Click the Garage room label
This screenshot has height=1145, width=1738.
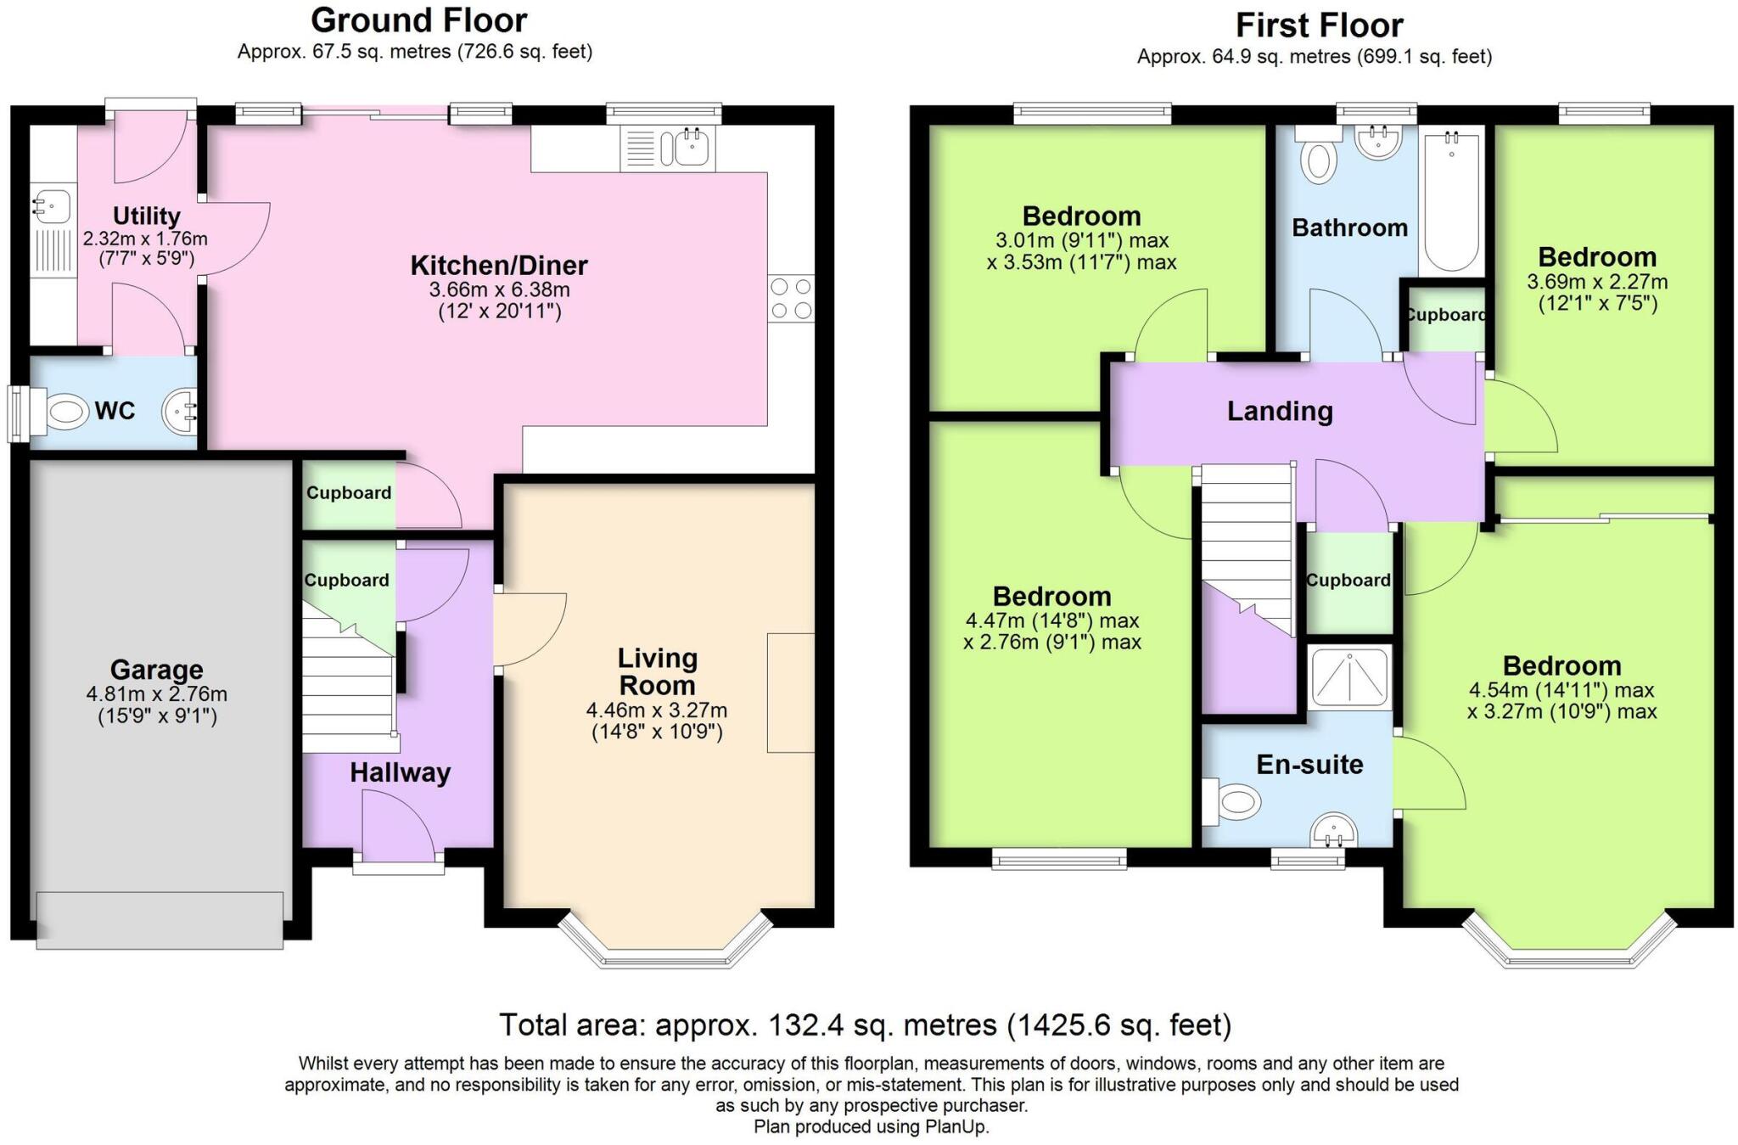(156, 670)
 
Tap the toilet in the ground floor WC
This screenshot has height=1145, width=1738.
(59, 413)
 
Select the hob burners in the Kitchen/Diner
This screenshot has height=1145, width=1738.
(791, 299)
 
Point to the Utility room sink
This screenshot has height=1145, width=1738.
(52, 205)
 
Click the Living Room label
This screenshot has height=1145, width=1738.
(657, 671)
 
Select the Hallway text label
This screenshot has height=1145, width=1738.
(400, 772)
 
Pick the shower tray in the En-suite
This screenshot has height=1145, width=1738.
(1349, 676)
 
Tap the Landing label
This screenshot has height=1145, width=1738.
(1280, 412)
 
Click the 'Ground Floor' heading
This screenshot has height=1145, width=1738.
(419, 20)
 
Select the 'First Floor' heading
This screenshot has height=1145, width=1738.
(1319, 25)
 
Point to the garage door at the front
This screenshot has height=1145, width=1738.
(160, 919)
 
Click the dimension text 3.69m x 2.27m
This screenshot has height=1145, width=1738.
(1597, 282)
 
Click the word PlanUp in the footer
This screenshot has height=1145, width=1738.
(956, 1127)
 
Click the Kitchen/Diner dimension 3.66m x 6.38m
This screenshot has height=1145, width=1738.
(500, 289)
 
